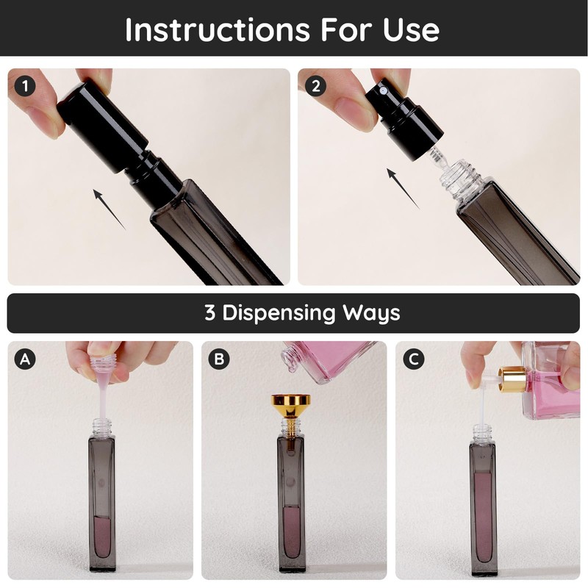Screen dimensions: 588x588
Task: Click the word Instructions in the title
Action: coord(218,29)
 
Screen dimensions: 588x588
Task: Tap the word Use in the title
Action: coord(411,29)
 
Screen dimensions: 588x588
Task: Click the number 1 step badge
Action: coord(25,86)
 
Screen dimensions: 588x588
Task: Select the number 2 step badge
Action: coord(316,86)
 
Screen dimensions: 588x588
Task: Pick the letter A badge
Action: coord(25,359)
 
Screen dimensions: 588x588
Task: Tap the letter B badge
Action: coord(219,359)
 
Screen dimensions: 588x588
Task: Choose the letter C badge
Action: coord(414,359)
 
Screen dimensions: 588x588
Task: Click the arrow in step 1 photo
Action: coord(109,209)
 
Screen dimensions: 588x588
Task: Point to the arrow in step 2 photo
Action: coord(403,189)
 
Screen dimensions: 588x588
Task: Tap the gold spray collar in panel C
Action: coord(512,379)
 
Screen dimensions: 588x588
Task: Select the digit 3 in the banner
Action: coord(210,312)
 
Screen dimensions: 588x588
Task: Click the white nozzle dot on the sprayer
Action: coord(383,90)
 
